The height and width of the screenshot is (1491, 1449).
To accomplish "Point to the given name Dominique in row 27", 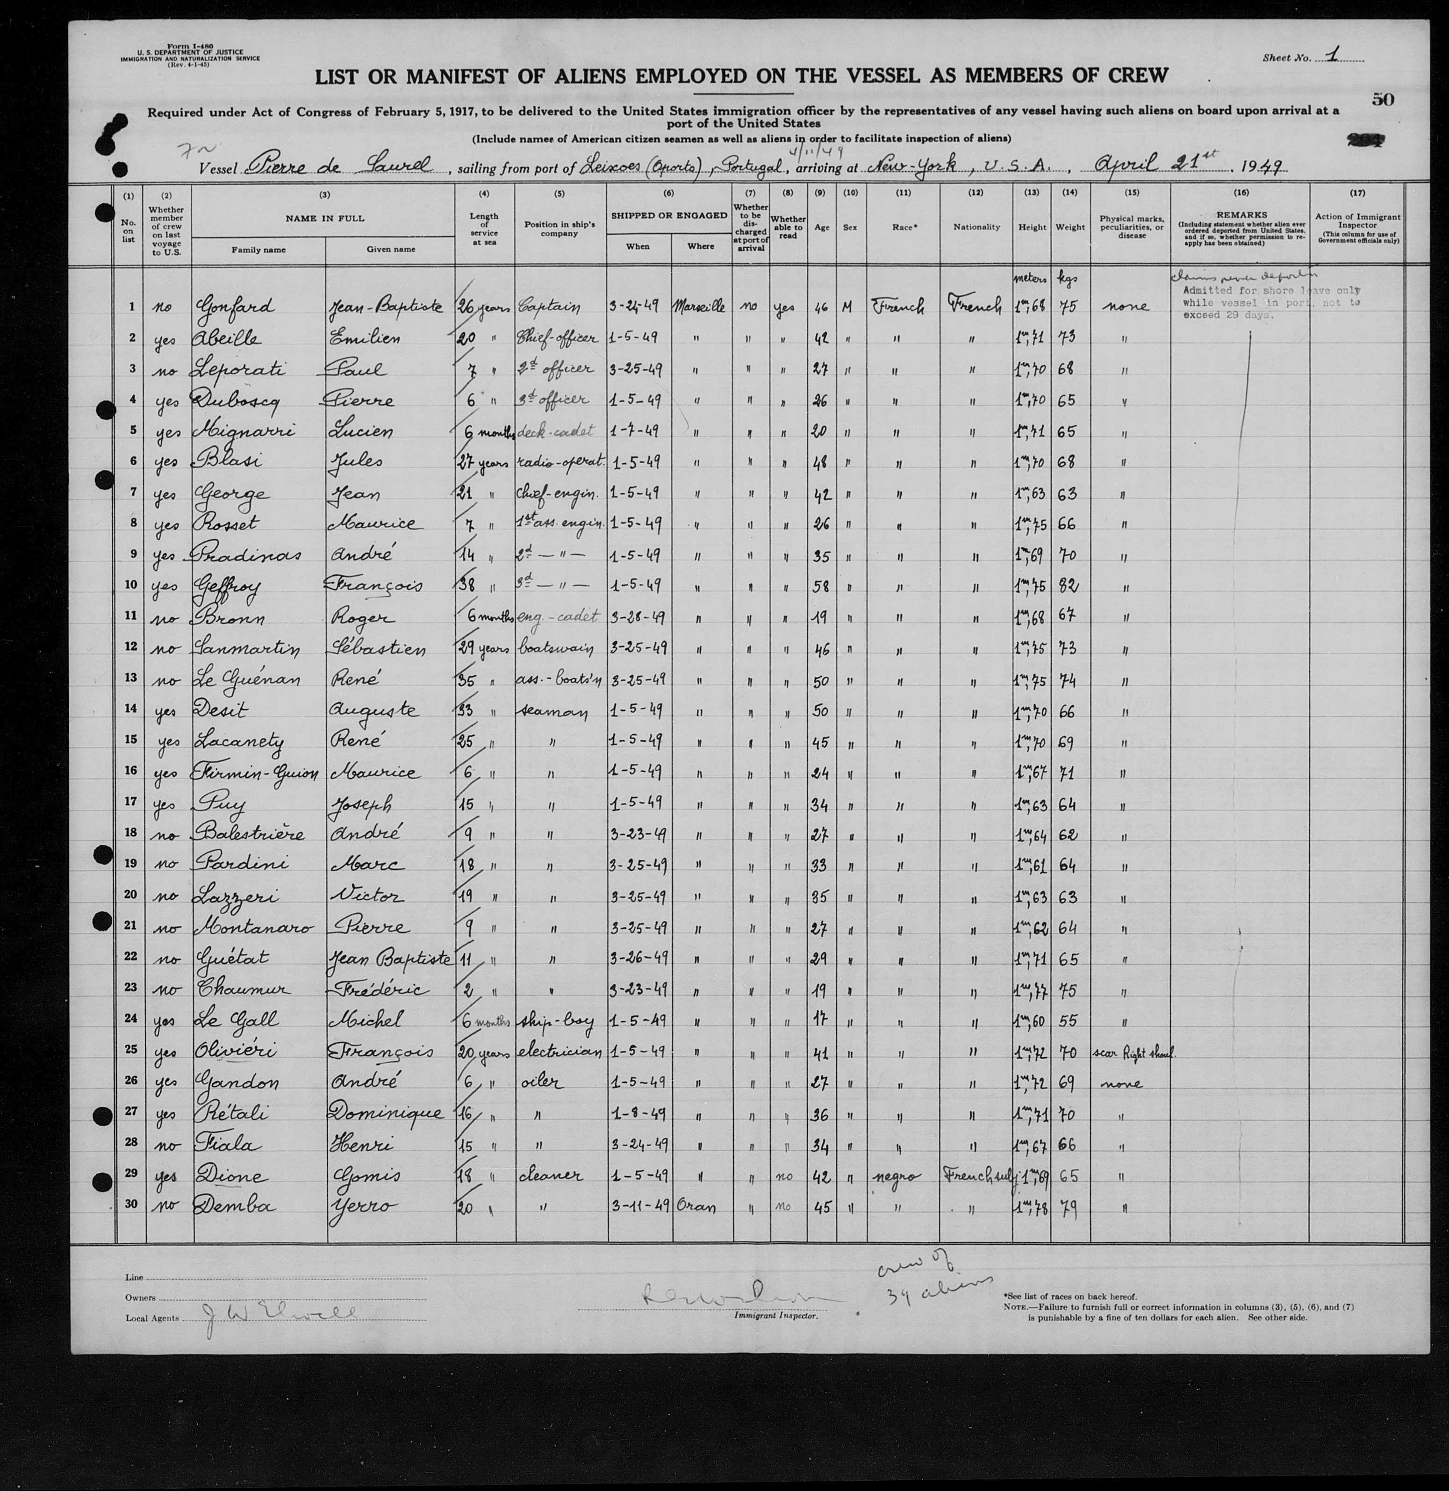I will [x=386, y=1113].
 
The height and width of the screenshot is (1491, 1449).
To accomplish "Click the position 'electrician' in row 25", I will [x=560, y=1051].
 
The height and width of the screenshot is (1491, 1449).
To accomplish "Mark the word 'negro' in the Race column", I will [x=899, y=1176].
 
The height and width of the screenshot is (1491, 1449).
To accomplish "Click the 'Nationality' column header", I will [x=976, y=227].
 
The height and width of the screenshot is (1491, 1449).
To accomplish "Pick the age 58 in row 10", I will [x=820, y=586].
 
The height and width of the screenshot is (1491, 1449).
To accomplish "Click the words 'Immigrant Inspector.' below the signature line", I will [x=775, y=1316].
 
